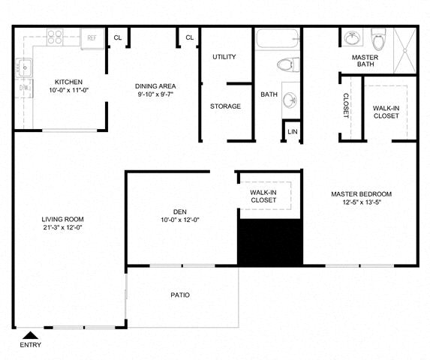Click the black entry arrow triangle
click(x=31, y=335)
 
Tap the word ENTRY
click(x=31, y=345)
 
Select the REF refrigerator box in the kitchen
click(x=92, y=37)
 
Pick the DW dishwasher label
click(x=23, y=88)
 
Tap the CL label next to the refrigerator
click(x=118, y=37)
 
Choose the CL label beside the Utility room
click(x=189, y=37)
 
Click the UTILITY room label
click(x=224, y=57)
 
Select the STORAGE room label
click(x=225, y=106)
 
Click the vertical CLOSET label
click(x=346, y=105)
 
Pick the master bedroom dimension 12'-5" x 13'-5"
click(x=361, y=202)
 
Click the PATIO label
click(x=180, y=295)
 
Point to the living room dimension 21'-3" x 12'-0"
click(x=62, y=227)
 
